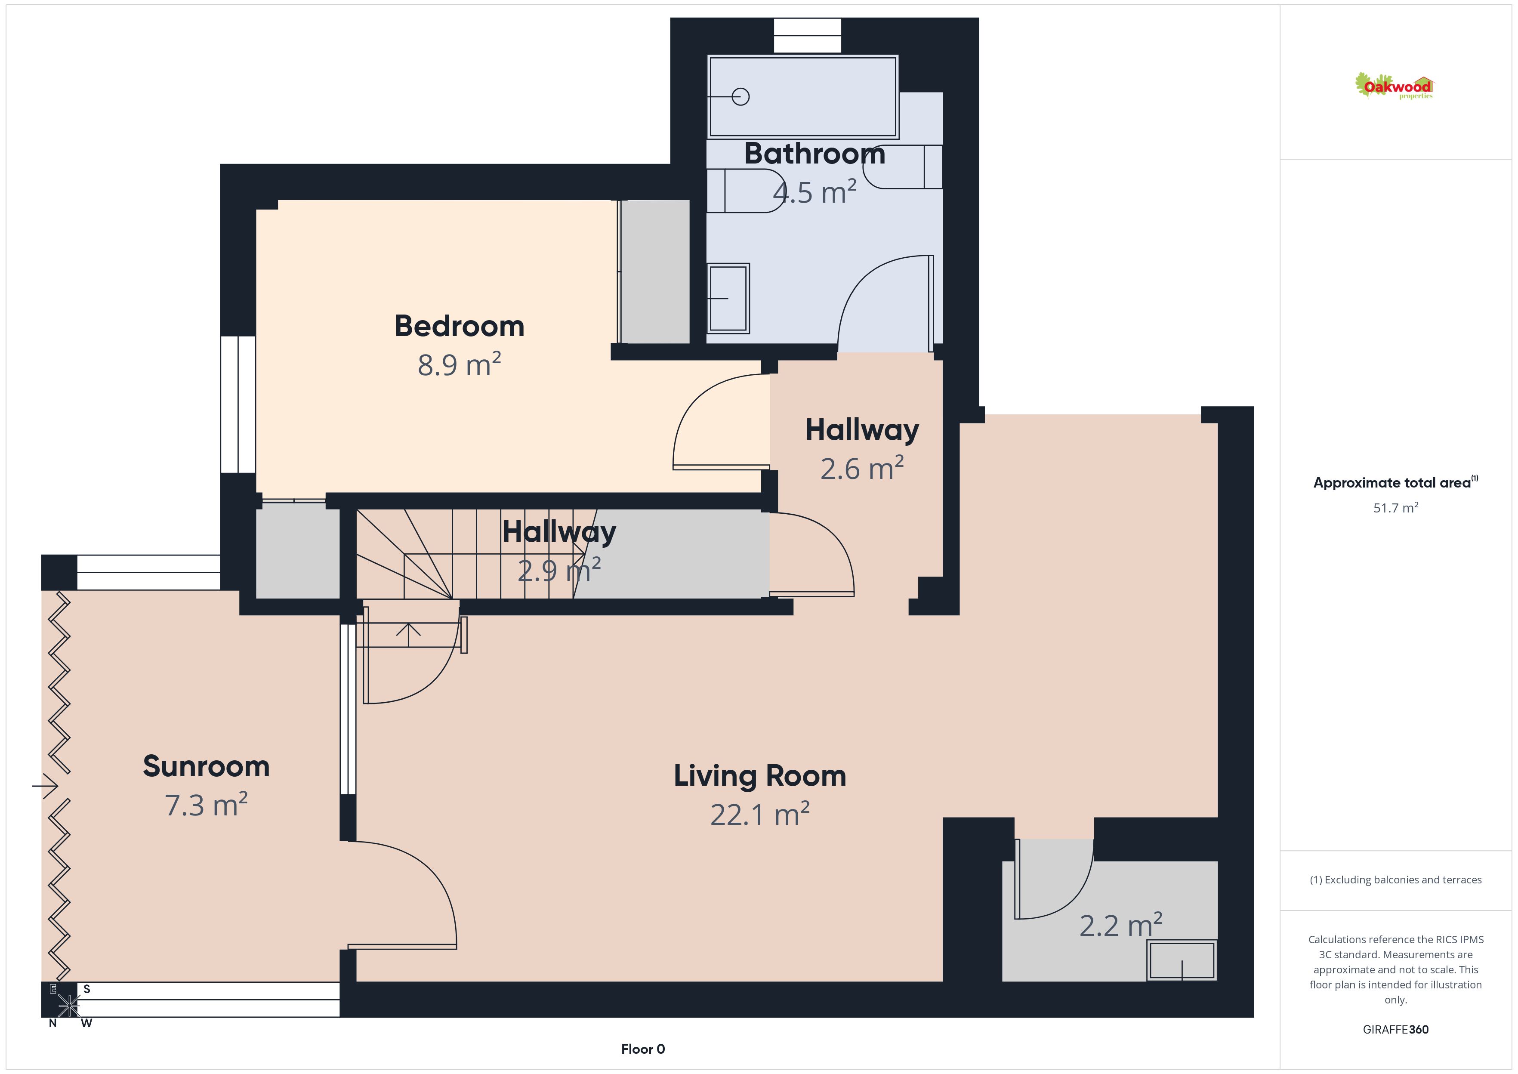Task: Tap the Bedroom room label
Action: (x=460, y=326)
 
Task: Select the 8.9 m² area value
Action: (x=460, y=364)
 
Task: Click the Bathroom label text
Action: (x=815, y=154)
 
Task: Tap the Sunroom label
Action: (x=206, y=766)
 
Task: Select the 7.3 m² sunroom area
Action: (x=206, y=805)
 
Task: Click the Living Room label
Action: (x=760, y=776)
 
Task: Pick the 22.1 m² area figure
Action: (x=760, y=814)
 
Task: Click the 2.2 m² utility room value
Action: (x=1121, y=925)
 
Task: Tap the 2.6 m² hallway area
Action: (x=862, y=468)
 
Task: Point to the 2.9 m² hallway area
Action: (x=559, y=570)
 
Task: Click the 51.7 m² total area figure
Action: (x=1396, y=508)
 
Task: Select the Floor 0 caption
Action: (x=643, y=1049)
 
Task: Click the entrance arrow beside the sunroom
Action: (x=45, y=786)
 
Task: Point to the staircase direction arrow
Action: (x=409, y=634)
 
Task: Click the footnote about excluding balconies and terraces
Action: (x=1396, y=880)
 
